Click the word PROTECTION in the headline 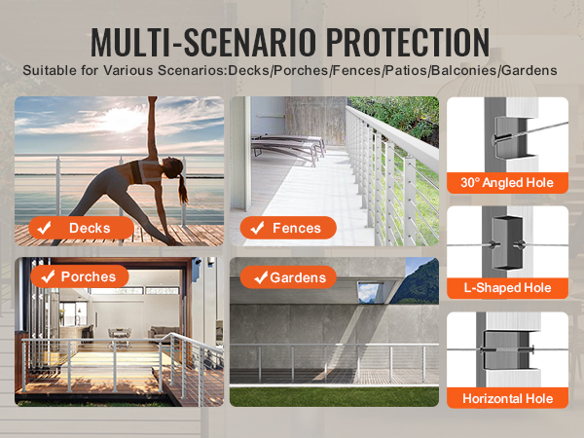pyautogui.click(x=408, y=42)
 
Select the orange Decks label pyautogui.click(x=81, y=228)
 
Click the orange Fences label pyautogui.click(x=288, y=228)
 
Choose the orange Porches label pyautogui.click(x=80, y=276)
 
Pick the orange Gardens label pyautogui.click(x=288, y=277)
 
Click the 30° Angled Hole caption pyautogui.click(x=507, y=183)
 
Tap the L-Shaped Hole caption pyautogui.click(x=507, y=287)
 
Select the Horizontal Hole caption pyautogui.click(x=507, y=398)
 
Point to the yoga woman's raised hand pyautogui.click(x=153, y=100)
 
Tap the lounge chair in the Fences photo pyautogui.click(x=287, y=148)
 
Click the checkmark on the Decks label pyautogui.click(x=45, y=228)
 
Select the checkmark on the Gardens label pyautogui.click(x=261, y=277)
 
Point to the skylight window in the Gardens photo pyautogui.click(x=371, y=292)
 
